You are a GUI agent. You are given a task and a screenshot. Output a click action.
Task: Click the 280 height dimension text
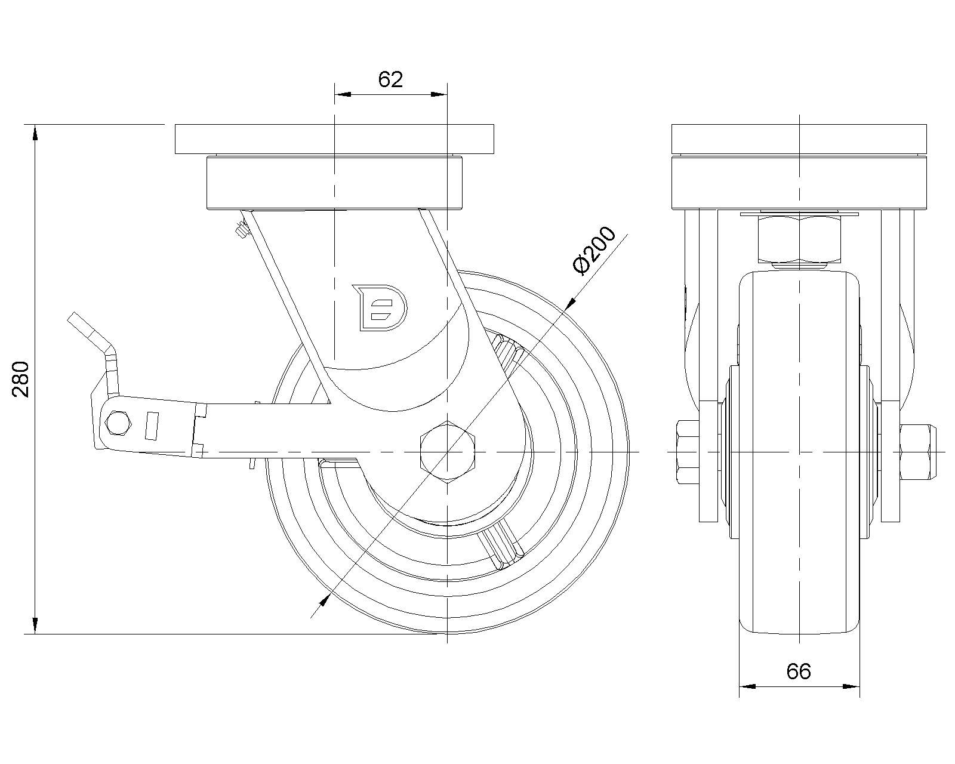click(x=20, y=379)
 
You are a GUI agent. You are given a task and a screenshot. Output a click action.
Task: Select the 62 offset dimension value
click(x=390, y=79)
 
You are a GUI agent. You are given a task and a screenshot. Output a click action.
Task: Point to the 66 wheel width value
click(x=799, y=671)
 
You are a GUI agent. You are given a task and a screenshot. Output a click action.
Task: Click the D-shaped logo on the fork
click(x=380, y=308)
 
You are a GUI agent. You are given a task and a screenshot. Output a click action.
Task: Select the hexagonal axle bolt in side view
click(x=447, y=452)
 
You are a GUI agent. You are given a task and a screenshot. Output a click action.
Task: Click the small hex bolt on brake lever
click(x=118, y=423)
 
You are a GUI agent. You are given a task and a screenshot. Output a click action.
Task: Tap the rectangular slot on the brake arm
click(x=152, y=426)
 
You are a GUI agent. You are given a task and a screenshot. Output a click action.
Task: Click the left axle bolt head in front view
click(x=688, y=452)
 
